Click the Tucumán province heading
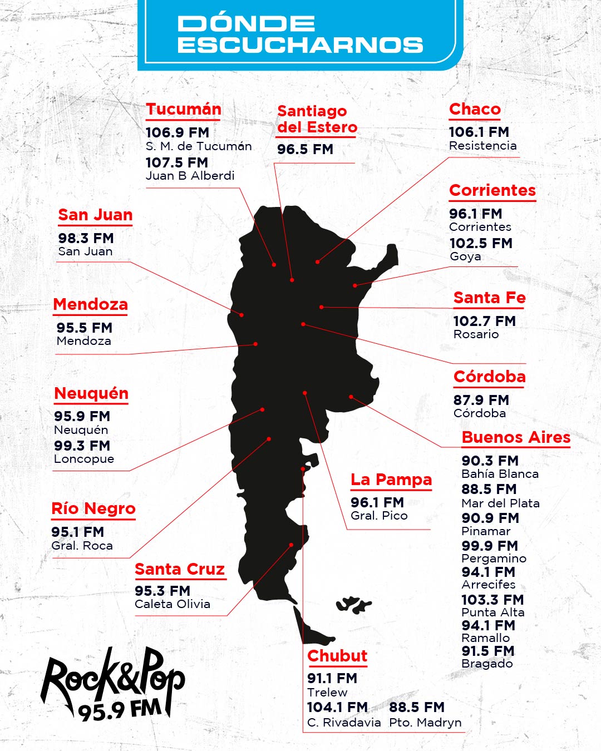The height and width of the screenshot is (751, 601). pyautogui.click(x=184, y=110)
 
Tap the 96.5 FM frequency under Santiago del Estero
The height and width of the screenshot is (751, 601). pyautogui.click(x=305, y=150)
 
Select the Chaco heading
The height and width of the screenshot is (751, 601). pyautogui.click(x=475, y=110)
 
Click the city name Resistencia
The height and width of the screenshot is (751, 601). pyautogui.click(x=482, y=146)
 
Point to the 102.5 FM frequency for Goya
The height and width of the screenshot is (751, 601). pyautogui.click(x=481, y=244)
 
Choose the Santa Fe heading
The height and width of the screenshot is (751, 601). pyautogui.click(x=489, y=298)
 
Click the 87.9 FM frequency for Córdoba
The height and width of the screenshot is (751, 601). pyautogui.click(x=481, y=400)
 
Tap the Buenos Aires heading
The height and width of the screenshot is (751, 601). pyautogui.click(x=516, y=438)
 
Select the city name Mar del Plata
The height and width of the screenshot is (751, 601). pyautogui.click(x=500, y=503)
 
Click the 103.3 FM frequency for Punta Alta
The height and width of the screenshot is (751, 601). pyautogui.click(x=492, y=600)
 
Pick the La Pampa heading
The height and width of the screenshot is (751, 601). pyautogui.click(x=391, y=480)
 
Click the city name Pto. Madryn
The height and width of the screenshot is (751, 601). pyautogui.click(x=425, y=723)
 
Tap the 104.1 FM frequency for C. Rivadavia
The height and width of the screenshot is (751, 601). pyautogui.click(x=337, y=708)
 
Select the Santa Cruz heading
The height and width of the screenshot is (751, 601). pyautogui.click(x=180, y=570)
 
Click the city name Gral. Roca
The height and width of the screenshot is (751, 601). pyautogui.click(x=82, y=546)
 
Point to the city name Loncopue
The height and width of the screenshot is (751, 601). pyautogui.click(x=84, y=460)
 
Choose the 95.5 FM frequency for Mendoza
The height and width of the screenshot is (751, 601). pyautogui.click(x=84, y=328)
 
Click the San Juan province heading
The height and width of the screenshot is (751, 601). pyautogui.click(x=95, y=215)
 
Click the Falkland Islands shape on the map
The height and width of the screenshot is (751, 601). pyautogui.click(x=353, y=604)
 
